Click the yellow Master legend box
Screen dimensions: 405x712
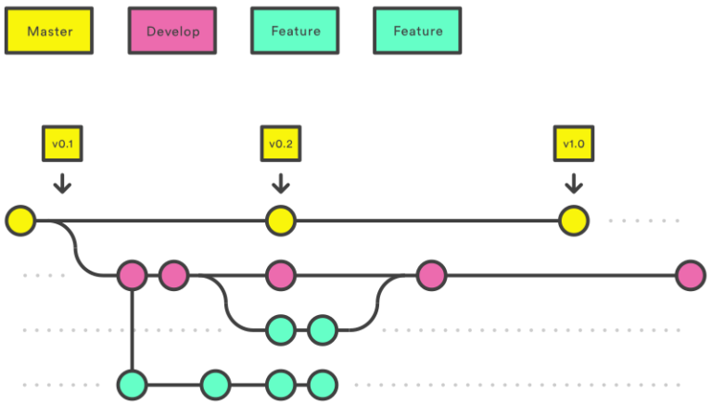[49, 32]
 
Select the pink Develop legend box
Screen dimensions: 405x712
[172, 32]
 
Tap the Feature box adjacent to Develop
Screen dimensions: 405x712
[295, 32]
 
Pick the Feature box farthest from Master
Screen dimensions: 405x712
[417, 32]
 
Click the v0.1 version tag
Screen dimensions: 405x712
[62, 144]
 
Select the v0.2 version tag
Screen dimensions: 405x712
[280, 144]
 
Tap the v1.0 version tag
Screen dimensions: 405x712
[574, 144]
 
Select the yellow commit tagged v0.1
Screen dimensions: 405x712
[20, 221]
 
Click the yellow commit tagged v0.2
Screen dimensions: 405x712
[280, 221]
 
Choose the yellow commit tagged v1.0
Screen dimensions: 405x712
[574, 221]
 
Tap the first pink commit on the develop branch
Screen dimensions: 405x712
[132, 275]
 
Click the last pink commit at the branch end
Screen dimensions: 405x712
[690, 275]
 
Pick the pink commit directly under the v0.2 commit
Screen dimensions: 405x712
[280, 275]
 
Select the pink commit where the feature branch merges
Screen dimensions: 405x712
[430, 275]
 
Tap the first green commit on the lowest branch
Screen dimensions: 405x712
[132, 384]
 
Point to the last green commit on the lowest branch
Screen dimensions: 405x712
[322, 384]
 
